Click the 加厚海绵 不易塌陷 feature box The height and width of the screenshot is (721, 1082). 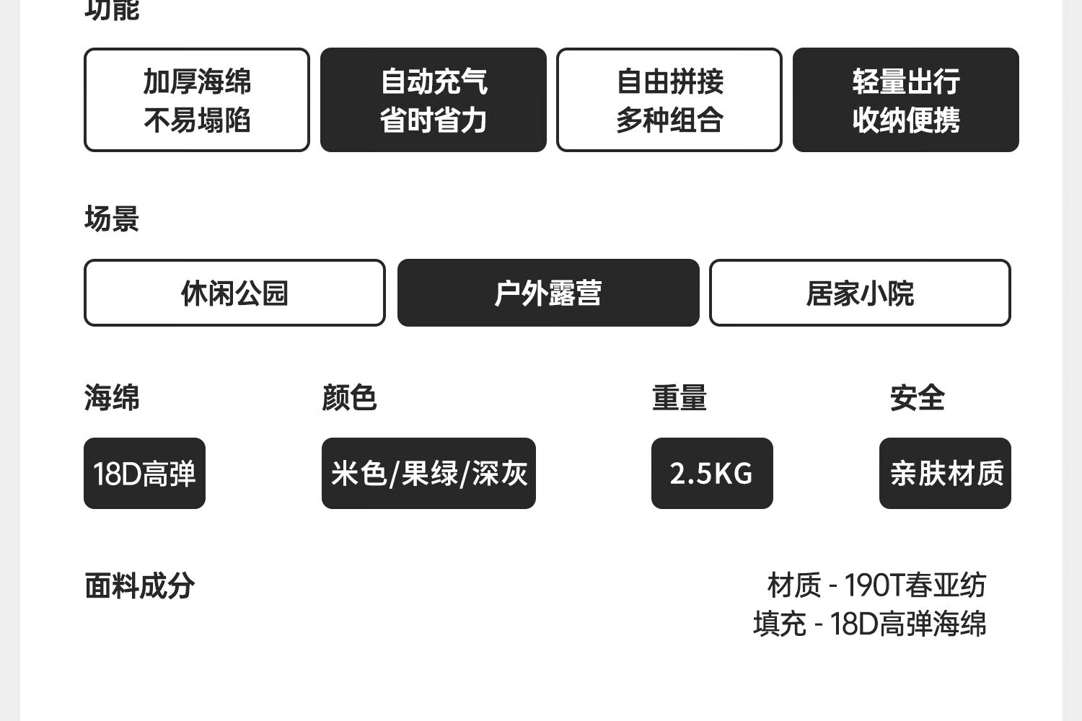click(197, 100)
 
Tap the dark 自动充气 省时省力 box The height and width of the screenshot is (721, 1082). click(433, 100)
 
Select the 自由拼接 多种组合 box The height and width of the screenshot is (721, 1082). click(669, 100)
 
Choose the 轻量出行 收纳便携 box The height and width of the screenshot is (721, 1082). click(905, 100)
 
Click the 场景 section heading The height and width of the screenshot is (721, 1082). click(112, 218)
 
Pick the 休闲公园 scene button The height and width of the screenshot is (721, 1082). click(234, 293)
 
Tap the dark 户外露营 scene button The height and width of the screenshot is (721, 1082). click(548, 293)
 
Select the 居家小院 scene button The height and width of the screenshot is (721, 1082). click(860, 293)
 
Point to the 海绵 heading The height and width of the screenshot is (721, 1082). click(112, 397)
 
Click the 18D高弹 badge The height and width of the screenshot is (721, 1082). click(144, 474)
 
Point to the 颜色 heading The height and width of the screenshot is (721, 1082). click(349, 397)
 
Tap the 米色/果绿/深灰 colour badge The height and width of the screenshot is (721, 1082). click(428, 474)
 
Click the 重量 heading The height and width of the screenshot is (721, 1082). click(679, 397)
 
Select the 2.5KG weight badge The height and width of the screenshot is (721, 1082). click(712, 474)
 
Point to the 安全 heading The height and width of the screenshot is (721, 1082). click(917, 397)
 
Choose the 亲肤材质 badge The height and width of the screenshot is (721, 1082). click(945, 474)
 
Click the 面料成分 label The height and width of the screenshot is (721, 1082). click(139, 585)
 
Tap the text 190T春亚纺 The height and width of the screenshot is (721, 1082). click(915, 585)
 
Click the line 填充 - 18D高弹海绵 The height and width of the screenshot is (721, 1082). click(869, 624)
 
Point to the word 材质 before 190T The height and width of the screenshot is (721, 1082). click(794, 585)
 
